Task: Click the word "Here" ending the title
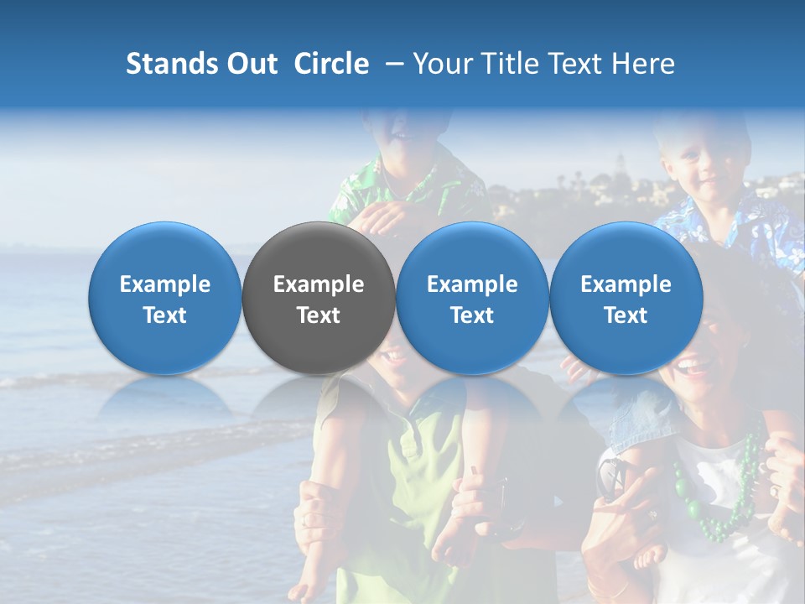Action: (644, 64)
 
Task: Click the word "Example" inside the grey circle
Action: (319, 284)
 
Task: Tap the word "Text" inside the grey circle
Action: (319, 315)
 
